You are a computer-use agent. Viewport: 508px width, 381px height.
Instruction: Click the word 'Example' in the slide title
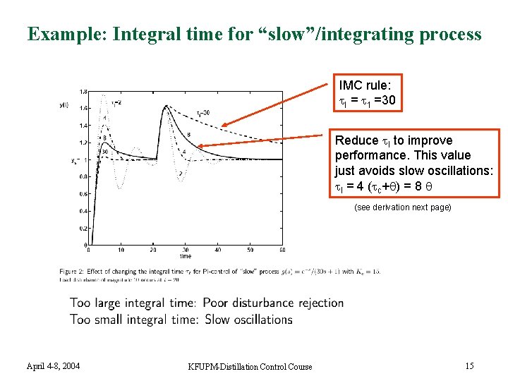click(59, 34)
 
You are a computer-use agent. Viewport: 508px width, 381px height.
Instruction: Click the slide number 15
click(470, 365)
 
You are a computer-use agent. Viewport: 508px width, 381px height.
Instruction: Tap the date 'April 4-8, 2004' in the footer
click(53, 365)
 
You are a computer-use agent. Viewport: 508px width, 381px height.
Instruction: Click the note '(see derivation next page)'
click(402, 207)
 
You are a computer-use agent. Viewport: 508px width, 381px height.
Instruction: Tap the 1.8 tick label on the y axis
click(83, 92)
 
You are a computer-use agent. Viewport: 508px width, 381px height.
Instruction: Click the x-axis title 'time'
click(184, 256)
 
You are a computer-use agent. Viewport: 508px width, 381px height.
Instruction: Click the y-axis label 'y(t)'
click(64, 105)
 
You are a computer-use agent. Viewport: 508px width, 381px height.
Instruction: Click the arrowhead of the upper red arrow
click(222, 127)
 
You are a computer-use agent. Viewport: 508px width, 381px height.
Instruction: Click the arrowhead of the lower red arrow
click(200, 147)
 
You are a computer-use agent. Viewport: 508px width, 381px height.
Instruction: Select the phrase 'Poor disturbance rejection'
click(273, 303)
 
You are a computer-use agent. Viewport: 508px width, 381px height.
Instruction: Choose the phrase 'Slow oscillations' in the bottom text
click(248, 320)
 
